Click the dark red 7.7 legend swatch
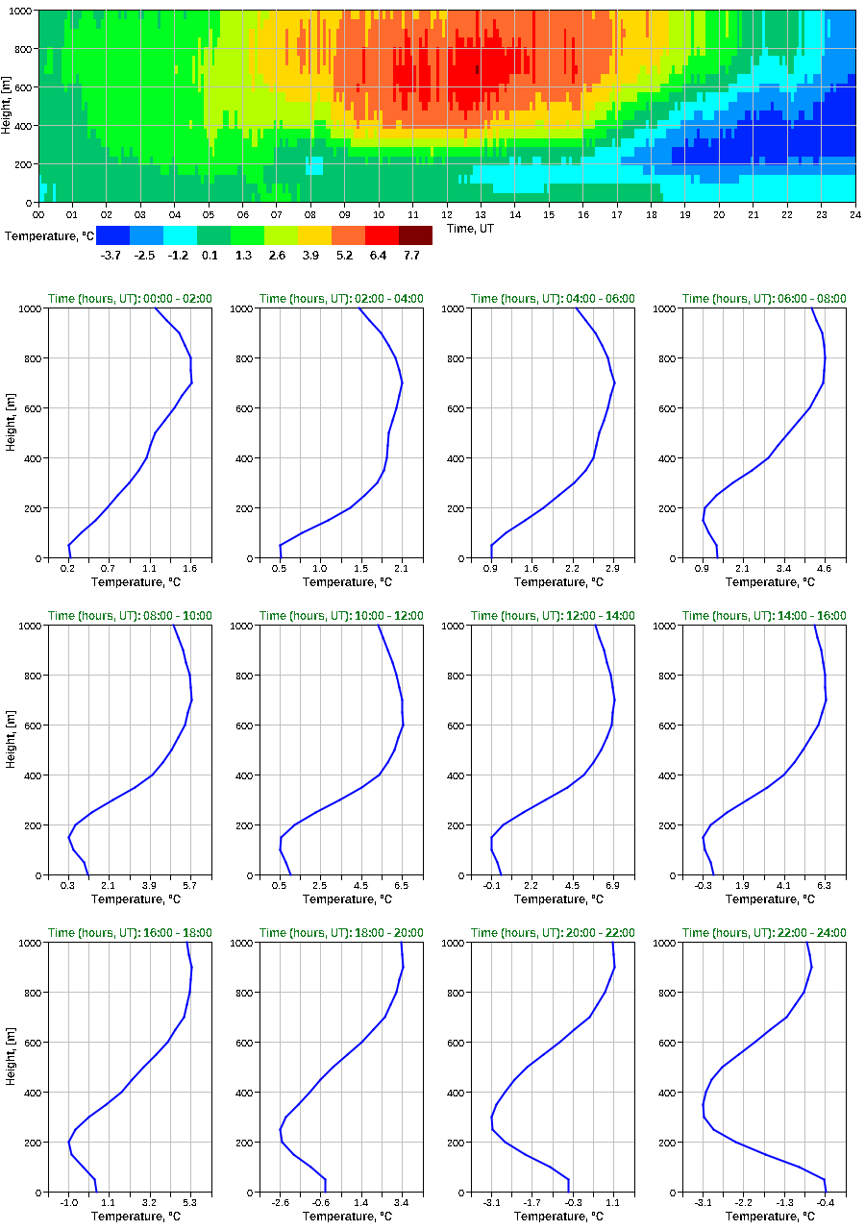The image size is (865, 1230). (415, 235)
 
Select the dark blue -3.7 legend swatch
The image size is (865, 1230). (112, 235)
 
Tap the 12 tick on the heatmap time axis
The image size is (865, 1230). (447, 213)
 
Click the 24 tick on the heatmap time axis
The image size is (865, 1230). (854, 213)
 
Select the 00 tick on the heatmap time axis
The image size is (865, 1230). (39, 213)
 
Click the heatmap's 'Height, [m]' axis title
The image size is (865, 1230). (7, 106)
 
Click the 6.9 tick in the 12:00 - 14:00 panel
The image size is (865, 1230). (612, 885)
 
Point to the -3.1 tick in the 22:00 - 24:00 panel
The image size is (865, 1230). (704, 1202)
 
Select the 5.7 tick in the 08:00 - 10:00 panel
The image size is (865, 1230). (189, 885)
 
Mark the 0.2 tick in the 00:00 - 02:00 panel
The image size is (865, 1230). (68, 568)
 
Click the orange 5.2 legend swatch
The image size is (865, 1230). (348, 235)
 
